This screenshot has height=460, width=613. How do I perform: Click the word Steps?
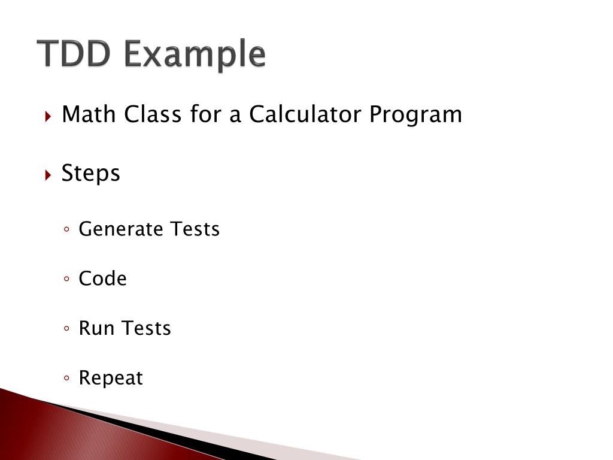(91, 174)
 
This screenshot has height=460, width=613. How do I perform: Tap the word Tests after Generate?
(195, 229)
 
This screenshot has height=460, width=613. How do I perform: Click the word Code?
(102, 279)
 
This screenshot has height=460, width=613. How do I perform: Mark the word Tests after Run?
(146, 328)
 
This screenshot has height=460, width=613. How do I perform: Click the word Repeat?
(111, 379)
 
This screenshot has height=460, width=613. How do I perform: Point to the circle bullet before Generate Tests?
(68, 229)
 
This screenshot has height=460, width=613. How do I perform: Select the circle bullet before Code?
(68, 279)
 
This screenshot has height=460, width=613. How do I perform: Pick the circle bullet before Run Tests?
(68, 329)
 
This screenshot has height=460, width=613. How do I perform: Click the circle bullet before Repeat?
(68, 379)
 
